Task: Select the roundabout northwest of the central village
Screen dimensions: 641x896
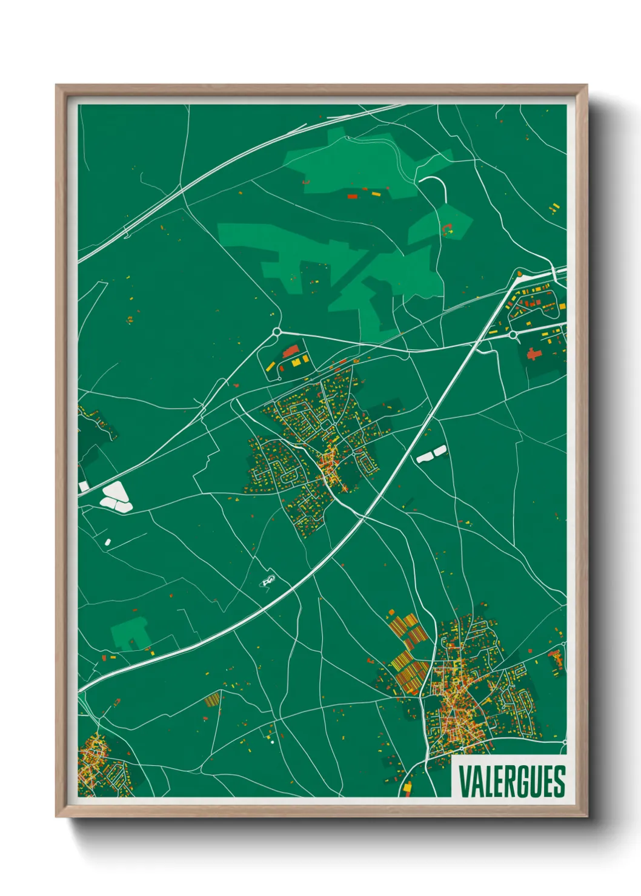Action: [x=277, y=332]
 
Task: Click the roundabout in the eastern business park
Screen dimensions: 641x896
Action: [x=513, y=334]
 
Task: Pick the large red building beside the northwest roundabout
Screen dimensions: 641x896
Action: [x=291, y=351]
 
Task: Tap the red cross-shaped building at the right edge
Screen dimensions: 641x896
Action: [x=534, y=354]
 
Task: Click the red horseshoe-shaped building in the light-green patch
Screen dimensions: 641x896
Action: [x=448, y=229]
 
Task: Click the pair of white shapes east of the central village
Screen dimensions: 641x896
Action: [x=431, y=454]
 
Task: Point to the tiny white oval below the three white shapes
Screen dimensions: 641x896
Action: [x=108, y=541]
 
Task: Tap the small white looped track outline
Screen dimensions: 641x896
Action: [x=268, y=582]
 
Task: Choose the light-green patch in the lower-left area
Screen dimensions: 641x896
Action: [x=130, y=633]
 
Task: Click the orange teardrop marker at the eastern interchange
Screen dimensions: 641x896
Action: [x=519, y=274]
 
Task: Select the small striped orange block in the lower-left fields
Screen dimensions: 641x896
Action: [x=212, y=700]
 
